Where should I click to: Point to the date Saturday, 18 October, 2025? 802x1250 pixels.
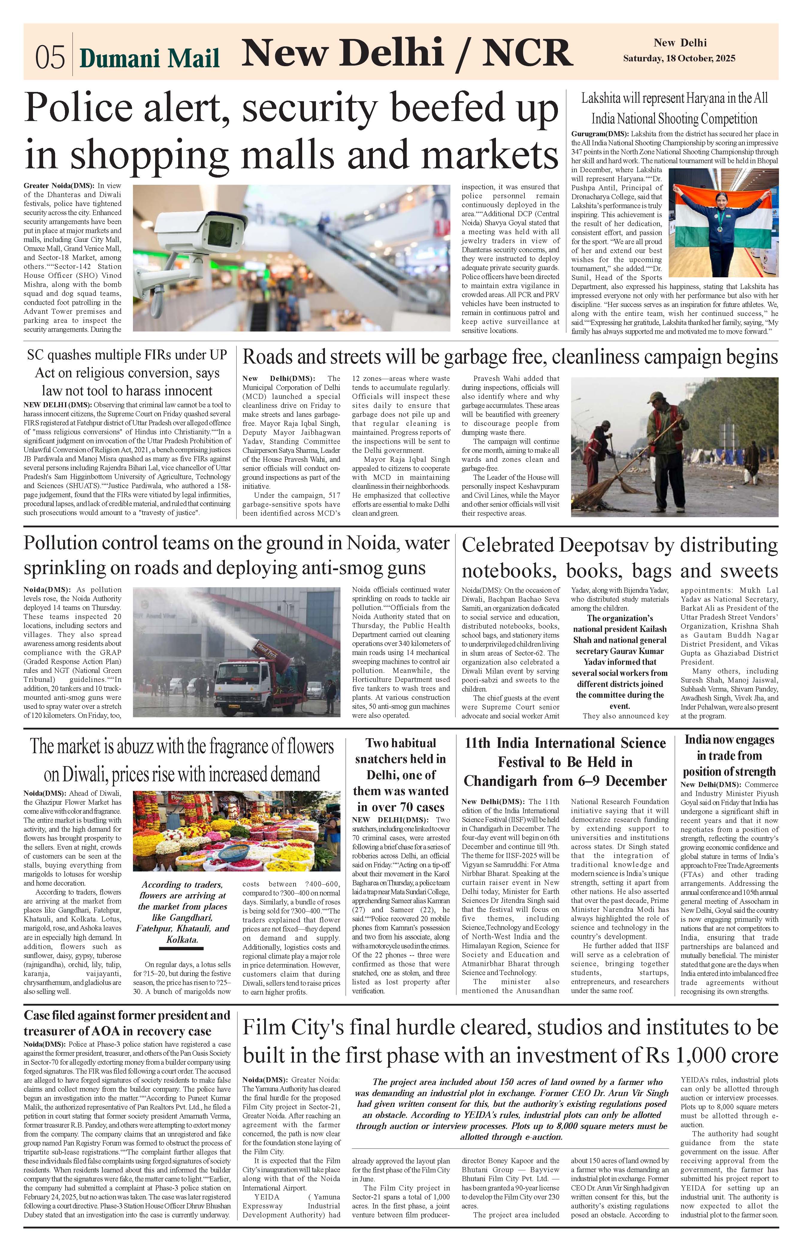tap(679, 58)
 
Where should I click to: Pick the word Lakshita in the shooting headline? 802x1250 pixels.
tap(602, 99)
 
